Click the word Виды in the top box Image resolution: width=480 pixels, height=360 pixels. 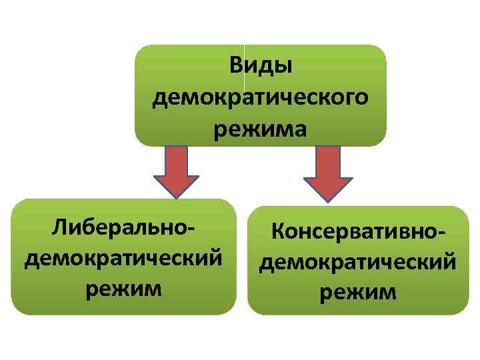pos(261,67)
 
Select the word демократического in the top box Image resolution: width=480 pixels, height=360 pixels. pos(261,98)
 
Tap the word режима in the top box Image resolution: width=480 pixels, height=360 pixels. pos(261,129)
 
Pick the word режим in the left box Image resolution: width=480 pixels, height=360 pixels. pos(124,288)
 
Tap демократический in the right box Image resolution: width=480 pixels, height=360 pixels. pos(359,262)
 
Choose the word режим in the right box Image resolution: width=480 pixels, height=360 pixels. pos(359,291)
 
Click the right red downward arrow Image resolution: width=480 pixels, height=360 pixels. pos(328,172)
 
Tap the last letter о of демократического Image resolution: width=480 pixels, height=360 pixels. pos(361,99)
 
